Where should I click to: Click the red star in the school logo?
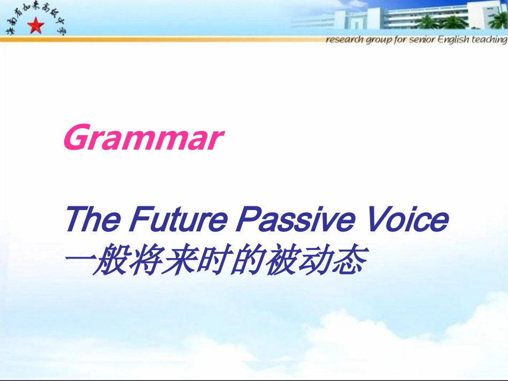point(36,25)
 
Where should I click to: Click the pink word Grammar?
point(142,138)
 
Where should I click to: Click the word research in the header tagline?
point(344,41)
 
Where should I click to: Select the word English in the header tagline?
point(453,41)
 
